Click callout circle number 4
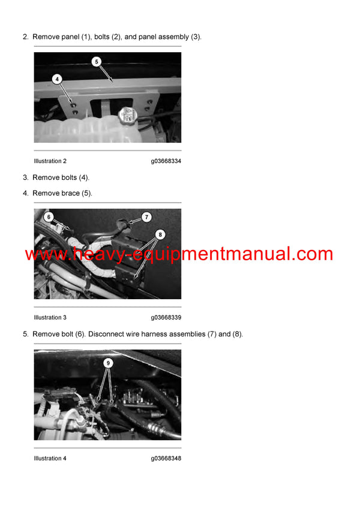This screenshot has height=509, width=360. point(57,79)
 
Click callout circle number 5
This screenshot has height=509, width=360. point(97,61)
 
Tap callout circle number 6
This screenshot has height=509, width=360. point(49,217)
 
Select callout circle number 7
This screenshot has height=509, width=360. point(146,217)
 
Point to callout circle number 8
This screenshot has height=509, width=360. point(160,235)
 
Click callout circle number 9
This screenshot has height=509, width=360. point(108,363)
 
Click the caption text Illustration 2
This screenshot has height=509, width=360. point(50,161)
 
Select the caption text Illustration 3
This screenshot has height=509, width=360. point(50,318)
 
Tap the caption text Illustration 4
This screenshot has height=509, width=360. point(50,459)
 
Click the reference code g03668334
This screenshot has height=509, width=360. point(166,161)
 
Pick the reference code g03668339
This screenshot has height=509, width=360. point(166,318)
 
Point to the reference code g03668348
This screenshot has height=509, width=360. point(166,459)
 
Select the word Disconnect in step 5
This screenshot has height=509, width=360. point(106,334)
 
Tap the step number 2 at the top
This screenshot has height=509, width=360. point(25,37)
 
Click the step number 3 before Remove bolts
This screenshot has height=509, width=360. point(25,177)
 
